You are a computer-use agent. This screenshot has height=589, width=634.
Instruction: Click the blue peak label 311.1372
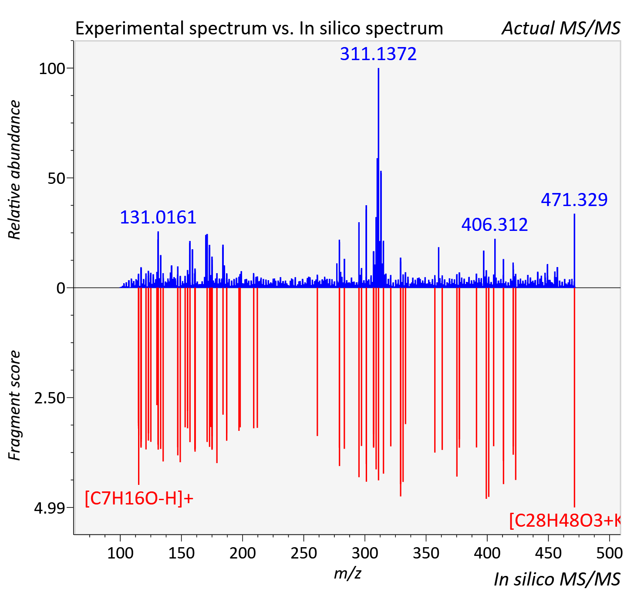378,54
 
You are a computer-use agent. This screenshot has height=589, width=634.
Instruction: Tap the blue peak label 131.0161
158,217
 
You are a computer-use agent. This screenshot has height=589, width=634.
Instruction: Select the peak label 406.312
495,224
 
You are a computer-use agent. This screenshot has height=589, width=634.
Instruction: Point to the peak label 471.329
574,200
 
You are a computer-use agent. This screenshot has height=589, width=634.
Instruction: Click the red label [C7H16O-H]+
139,498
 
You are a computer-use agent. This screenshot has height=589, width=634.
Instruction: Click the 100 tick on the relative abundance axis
52,69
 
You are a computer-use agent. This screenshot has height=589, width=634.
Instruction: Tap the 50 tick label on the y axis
56,179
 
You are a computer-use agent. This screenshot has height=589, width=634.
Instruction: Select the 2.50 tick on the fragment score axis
50,398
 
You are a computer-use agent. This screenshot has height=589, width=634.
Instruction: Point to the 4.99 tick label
50,508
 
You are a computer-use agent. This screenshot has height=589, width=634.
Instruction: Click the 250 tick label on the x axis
304,553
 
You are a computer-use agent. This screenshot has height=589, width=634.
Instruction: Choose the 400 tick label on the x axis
487,553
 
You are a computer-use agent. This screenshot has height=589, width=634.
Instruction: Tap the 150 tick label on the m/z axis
181,553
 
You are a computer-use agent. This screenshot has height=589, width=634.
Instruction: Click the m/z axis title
347,574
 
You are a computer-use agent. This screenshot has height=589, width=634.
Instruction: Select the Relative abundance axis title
14,169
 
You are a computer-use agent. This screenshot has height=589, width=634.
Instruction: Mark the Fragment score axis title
14,405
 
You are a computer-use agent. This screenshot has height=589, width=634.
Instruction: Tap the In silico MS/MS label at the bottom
557,579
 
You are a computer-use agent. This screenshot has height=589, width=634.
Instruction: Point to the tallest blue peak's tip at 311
378,68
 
